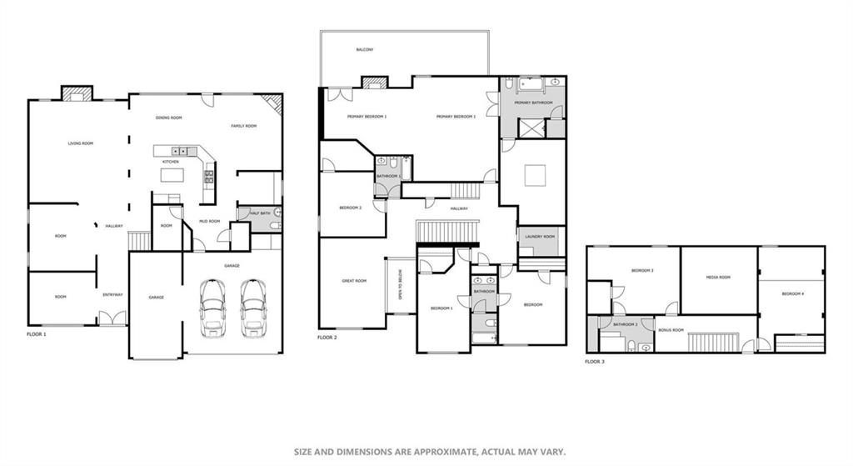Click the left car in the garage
(212, 307)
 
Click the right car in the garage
(253, 307)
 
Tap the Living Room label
(81, 143)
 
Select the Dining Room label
(169, 118)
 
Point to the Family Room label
(244, 126)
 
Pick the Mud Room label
(209, 221)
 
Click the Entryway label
(112, 294)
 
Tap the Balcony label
(365, 50)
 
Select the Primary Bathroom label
(534, 103)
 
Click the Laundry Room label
(539, 236)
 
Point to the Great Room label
(354, 281)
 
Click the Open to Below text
(401, 287)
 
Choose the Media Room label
(718, 277)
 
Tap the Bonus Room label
(671, 330)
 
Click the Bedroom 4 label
(792, 293)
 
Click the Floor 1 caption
(37, 333)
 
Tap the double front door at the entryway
(112, 318)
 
